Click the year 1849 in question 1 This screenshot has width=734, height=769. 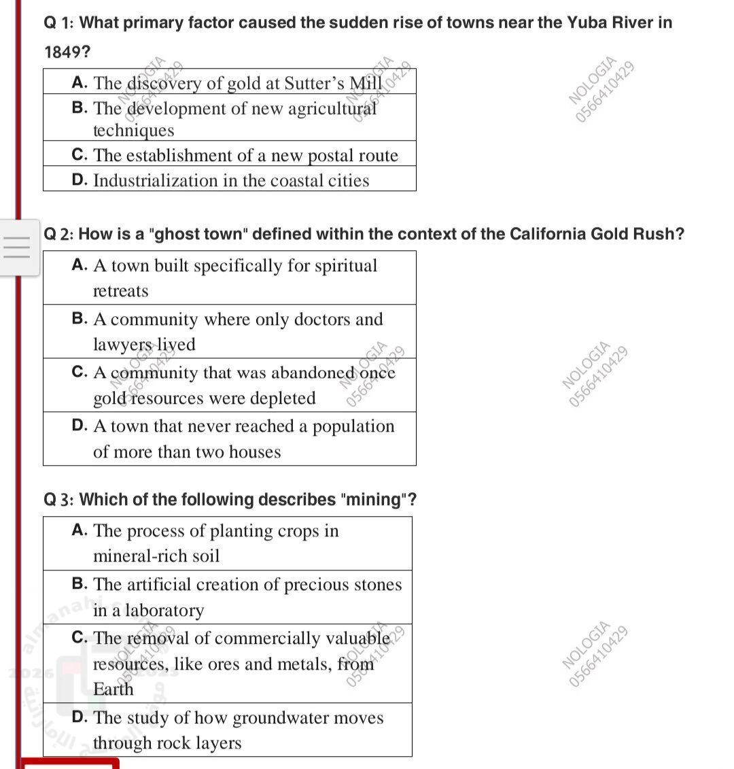[x=67, y=52]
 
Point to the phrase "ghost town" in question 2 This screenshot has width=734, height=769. [x=200, y=234]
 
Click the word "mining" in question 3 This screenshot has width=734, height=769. [x=374, y=500]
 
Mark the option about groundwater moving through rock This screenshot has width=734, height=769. [x=228, y=730]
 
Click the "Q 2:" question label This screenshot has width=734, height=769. [x=58, y=234]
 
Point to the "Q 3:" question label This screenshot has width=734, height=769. [x=58, y=500]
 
